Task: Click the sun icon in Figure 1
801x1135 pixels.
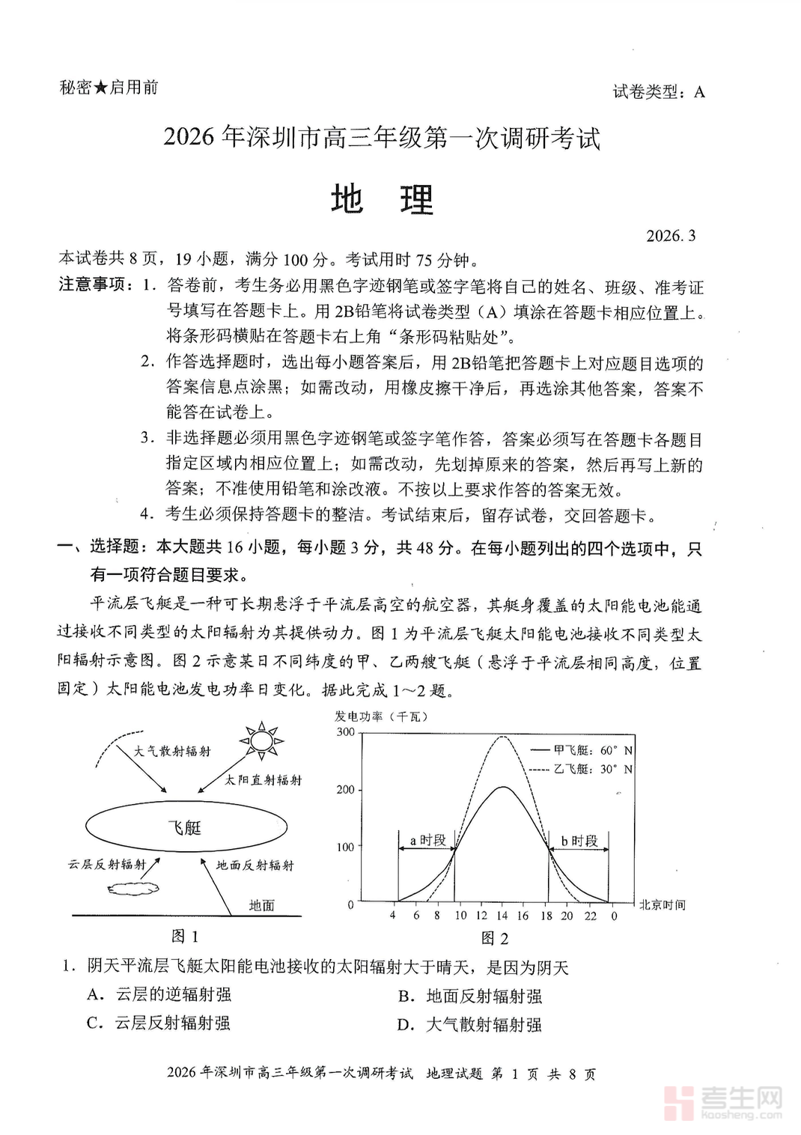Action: pos(262,740)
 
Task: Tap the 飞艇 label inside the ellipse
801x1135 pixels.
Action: pos(184,827)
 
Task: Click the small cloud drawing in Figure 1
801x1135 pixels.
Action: pos(133,888)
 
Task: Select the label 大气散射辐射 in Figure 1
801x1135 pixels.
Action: pos(172,751)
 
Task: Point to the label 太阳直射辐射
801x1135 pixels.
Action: pos(264,780)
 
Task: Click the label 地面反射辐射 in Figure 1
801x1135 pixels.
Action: pos(255,865)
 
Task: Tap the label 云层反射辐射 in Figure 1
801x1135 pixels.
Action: pos(107,865)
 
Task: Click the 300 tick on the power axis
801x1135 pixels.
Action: pos(346,732)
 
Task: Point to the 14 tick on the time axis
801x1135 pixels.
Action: pos(502,916)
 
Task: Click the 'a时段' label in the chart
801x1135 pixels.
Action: pos(427,841)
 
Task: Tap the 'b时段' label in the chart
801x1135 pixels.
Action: pos(579,842)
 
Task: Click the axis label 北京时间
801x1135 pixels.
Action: pos(662,905)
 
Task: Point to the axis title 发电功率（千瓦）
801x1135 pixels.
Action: pos(382,716)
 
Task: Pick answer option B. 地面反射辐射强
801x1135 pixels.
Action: pos(470,996)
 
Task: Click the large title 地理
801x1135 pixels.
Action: pos(383,200)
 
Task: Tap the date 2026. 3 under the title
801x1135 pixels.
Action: pos(671,236)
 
